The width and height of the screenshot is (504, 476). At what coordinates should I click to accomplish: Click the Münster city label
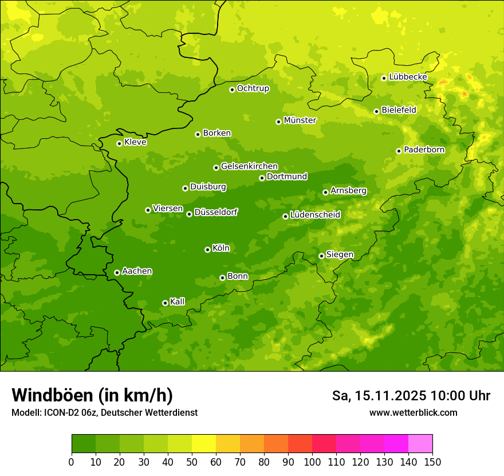click(x=300, y=120)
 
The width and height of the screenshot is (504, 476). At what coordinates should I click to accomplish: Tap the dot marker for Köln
click(x=207, y=249)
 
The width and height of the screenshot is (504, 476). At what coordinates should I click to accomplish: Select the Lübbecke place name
click(x=408, y=77)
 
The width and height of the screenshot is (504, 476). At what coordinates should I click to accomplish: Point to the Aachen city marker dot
click(x=117, y=272)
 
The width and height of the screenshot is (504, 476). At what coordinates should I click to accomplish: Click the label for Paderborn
click(x=424, y=150)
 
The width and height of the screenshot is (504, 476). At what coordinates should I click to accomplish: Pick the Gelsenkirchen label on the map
click(x=249, y=166)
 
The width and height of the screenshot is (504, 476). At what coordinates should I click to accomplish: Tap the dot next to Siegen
click(x=321, y=256)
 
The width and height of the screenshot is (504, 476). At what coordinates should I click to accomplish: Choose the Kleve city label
click(x=135, y=142)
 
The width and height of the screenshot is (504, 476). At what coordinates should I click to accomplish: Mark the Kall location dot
click(x=165, y=303)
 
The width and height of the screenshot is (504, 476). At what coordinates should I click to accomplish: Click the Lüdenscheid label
click(x=315, y=215)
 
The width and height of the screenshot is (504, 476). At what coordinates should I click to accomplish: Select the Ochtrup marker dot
click(x=232, y=89)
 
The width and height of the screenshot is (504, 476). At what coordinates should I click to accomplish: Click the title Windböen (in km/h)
click(x=92, y=395)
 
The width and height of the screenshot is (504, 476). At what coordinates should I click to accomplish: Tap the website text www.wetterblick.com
click(x=413, y=412)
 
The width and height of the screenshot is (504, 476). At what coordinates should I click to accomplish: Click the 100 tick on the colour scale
click(x=312, y=462)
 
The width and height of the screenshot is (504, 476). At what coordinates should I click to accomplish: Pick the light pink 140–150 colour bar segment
click(x=420, y=444)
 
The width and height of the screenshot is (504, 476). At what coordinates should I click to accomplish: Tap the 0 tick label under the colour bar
click(x=72, y=462)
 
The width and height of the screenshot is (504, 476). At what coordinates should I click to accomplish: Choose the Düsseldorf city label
click(x=215, y=212)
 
